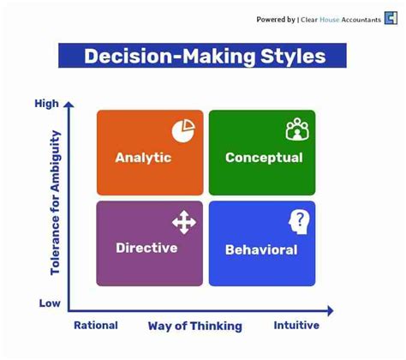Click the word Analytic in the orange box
click(143, 158)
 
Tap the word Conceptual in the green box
click(263, 158)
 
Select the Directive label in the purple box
click(146, 248)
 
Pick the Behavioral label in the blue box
click(261, 250)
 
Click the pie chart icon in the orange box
click(182, 130)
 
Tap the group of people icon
click(296, 130)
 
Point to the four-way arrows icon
click(183, 223)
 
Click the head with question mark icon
click(298, 222)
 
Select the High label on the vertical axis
click(46, 104)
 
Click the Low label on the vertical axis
click(49, 303)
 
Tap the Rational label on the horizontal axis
click(96, 326)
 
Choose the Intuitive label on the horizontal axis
click(296, 326)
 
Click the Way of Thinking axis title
click(194, 326)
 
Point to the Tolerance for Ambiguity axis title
click(56, 202)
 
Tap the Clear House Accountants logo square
click(391, 20)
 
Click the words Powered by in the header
click(276, 20)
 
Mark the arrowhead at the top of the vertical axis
click(69, 105)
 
